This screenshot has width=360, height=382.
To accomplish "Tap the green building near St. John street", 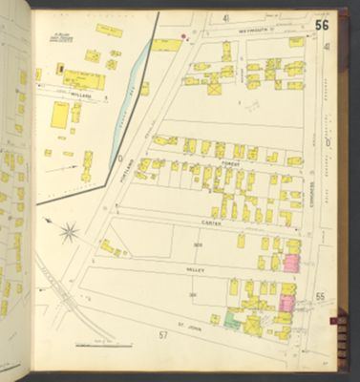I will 229,322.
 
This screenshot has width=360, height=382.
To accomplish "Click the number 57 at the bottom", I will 162,335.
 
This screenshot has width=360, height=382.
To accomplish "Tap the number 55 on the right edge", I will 320,297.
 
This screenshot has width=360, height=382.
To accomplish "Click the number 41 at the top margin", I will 226,18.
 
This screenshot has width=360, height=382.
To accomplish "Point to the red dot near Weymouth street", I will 184,37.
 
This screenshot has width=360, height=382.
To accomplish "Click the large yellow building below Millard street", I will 59,116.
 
